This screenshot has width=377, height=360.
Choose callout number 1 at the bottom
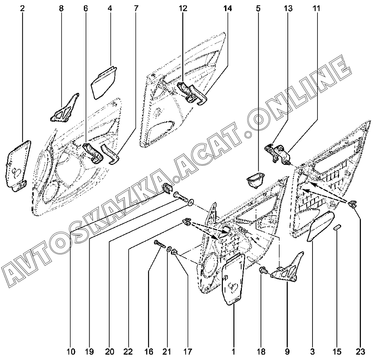click(233, 350)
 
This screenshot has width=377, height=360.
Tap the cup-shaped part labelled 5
click(256, 179)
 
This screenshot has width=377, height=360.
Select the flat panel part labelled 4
click(104, 82)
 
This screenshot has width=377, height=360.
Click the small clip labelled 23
click(353, 204)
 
